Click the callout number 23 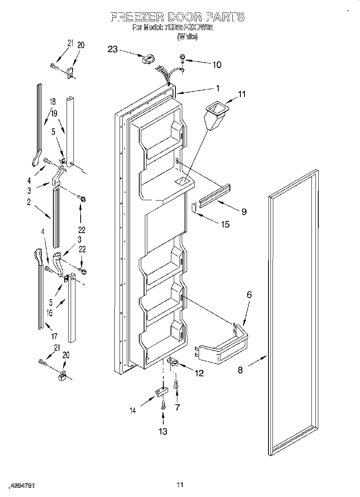point(113,49)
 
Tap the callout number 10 point(216,65)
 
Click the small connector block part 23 point(147,59)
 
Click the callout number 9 point(244,211)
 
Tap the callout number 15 point(225,224)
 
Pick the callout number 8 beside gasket point(240,369)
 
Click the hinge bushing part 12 point(172,362)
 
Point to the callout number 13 point(163,431)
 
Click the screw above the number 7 point(176,385)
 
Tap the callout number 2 point(29,202)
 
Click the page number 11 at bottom point(180,485)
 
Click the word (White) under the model point(187,37)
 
